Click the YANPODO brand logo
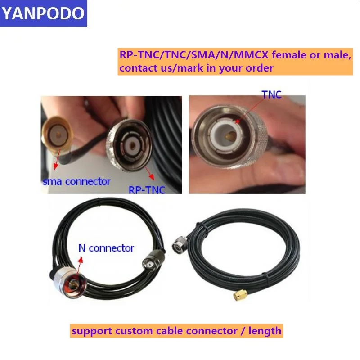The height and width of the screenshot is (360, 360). click(43, 13)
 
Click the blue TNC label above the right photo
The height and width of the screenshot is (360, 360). click(272, 94)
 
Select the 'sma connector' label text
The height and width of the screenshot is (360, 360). click(76, 182)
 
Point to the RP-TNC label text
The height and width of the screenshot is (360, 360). click(147, 190)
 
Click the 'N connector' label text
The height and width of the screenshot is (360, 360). click(106, 248)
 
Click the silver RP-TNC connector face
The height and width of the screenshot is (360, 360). click(129, 145)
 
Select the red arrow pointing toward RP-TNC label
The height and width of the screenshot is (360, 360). click(149, 173)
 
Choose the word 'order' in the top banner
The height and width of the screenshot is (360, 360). click(260, 68)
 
